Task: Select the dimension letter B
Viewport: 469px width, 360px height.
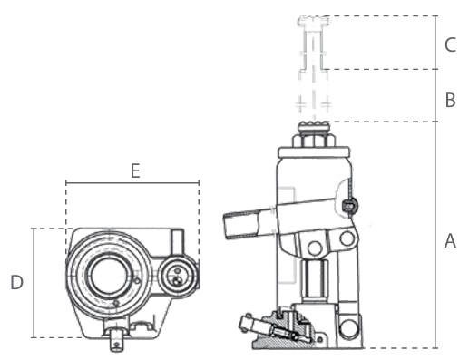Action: coord(450,100)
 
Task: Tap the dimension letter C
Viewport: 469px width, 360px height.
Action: coord(450,44)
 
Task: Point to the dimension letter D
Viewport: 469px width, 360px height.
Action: coord(16,283)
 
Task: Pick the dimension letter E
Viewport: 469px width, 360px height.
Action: coord(134,170)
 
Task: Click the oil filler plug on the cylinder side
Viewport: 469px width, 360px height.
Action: coord(350,207)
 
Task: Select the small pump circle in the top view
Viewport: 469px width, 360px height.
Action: coord(178,275)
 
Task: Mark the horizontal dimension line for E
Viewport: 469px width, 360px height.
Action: coord(132,183)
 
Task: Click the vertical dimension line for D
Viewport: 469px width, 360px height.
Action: coord(34,283)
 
